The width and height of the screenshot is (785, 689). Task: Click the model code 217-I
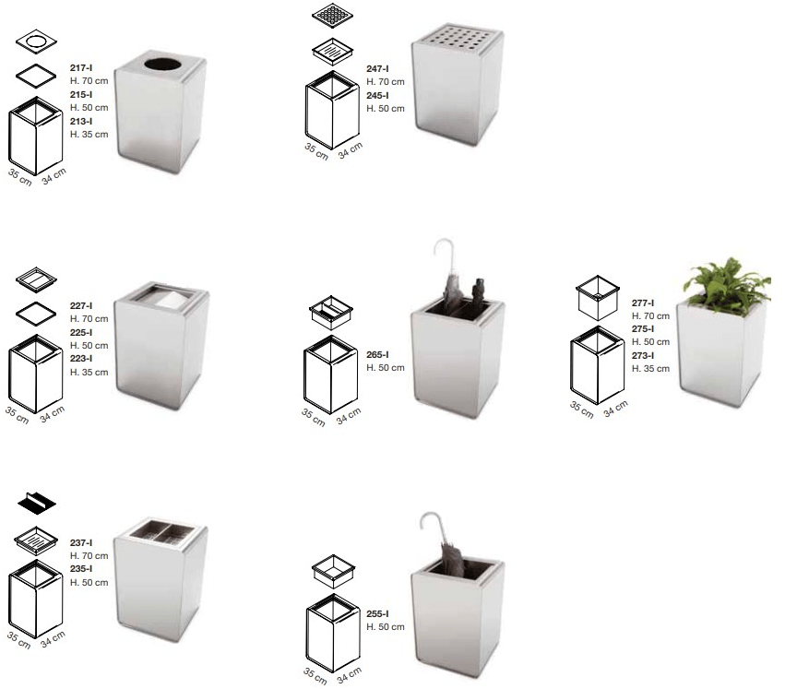tap(81, 67)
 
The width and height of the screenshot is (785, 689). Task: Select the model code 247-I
tap(377, 68)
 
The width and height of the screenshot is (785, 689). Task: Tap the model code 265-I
tap(377, 354)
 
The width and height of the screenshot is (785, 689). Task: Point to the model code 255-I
tap(377, 613)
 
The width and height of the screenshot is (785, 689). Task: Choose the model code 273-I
tap(643, 355)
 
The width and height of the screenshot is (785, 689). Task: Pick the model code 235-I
tap(81, 569)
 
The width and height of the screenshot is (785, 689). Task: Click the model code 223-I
tap(81, 359)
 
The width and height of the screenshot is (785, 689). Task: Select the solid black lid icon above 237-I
tap(37, 503)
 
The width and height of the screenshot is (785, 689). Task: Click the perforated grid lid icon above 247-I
tap(332, 16)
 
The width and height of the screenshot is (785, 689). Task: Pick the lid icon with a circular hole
tap(36, 42)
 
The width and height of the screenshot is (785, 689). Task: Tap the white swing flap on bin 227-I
tap(172, 300)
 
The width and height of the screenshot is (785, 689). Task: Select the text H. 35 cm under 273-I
tap(650, 369)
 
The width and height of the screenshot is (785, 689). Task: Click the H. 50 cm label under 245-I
tap(386, 109)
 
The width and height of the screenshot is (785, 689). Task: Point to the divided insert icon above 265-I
tap(331, 313)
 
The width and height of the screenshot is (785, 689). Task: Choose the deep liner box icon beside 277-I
tap(597, 298)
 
